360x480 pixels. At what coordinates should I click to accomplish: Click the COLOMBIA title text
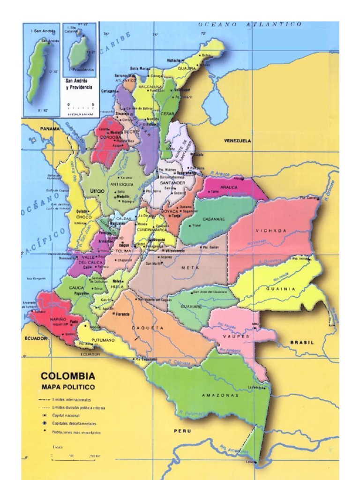coord(68,376)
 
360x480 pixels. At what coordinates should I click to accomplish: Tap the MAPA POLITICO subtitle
coord(68,387)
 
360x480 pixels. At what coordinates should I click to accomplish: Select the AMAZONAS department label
coord(220,395)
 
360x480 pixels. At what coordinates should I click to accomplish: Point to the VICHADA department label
coord(271,231)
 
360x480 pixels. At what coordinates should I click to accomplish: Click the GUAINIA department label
coord(281,289)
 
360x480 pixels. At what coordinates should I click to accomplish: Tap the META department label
coord(189,267)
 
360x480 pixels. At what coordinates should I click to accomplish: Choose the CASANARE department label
coord(214,219)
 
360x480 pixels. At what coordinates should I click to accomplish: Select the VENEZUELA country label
coord(238,141)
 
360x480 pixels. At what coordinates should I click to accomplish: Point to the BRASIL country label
coord(302,342)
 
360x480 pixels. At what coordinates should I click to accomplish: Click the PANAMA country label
coord(50,128)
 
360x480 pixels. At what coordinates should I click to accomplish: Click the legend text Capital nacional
coord(66,415)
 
